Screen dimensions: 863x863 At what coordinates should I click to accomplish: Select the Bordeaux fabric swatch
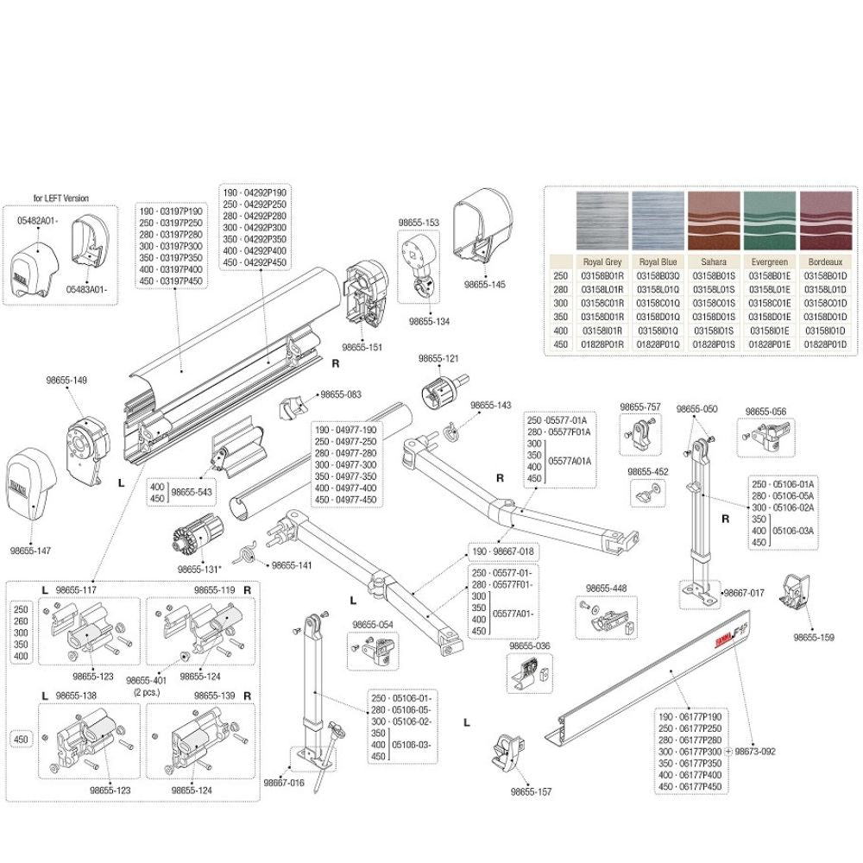click(x=824, y=223)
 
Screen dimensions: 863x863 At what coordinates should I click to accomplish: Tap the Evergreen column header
click(x=770, y=262)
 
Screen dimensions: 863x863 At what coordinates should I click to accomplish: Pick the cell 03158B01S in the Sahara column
click(x=714, y=275)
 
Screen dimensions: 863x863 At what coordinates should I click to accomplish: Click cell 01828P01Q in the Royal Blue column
click(x=658, y=344)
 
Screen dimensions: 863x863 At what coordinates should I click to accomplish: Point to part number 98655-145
click(x=485, y=284)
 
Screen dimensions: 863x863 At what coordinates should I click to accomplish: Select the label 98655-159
click(x=815, y=638)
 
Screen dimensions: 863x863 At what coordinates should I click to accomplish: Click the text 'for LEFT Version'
click(x=60, y=198)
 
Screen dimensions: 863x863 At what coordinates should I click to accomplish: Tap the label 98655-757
click(x=640, y=406)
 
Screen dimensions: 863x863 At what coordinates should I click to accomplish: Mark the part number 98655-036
click(x=530, y=645)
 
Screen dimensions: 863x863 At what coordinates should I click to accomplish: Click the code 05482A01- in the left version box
click(x=37, y=220)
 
